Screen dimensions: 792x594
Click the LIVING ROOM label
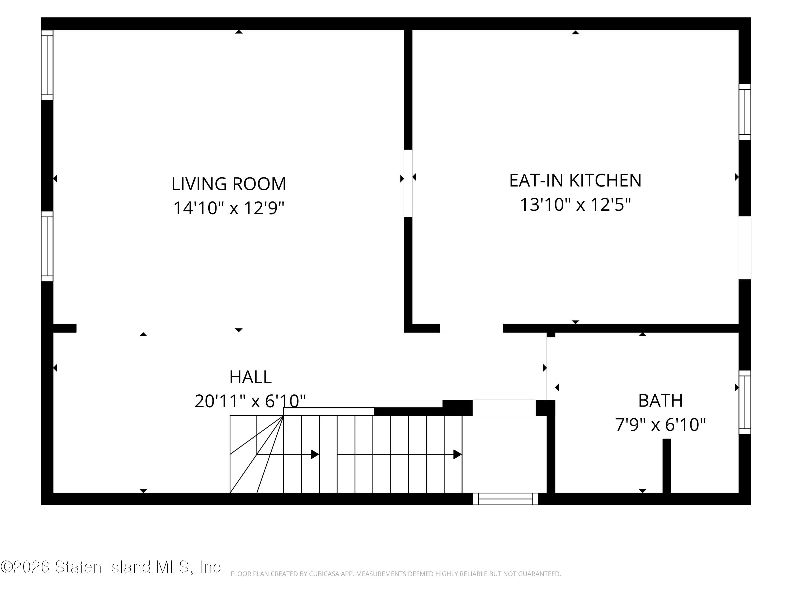click(229, 184)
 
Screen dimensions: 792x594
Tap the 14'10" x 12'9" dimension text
click(229, 208)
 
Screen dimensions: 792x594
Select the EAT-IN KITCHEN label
click(575, 181)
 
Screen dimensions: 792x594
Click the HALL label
click(250, 377)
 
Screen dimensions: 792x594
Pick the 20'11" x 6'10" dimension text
click(250, 401)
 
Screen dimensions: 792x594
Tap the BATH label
click(661, 401)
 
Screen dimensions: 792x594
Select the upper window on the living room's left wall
click(47, 65)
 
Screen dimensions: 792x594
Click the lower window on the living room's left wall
click(47, 246)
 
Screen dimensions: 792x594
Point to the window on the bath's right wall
click(745, 402)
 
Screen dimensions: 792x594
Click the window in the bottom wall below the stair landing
click(506, 499)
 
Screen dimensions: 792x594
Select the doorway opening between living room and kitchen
click(408, 183)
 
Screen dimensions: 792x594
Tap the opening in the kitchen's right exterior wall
click(745, 248)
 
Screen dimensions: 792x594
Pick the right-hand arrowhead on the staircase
click(457, 454)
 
